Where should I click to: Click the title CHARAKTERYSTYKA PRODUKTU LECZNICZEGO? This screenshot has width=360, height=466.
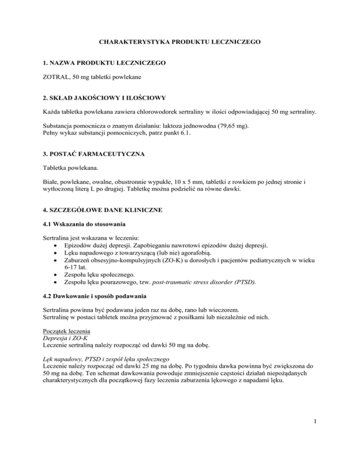180,42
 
